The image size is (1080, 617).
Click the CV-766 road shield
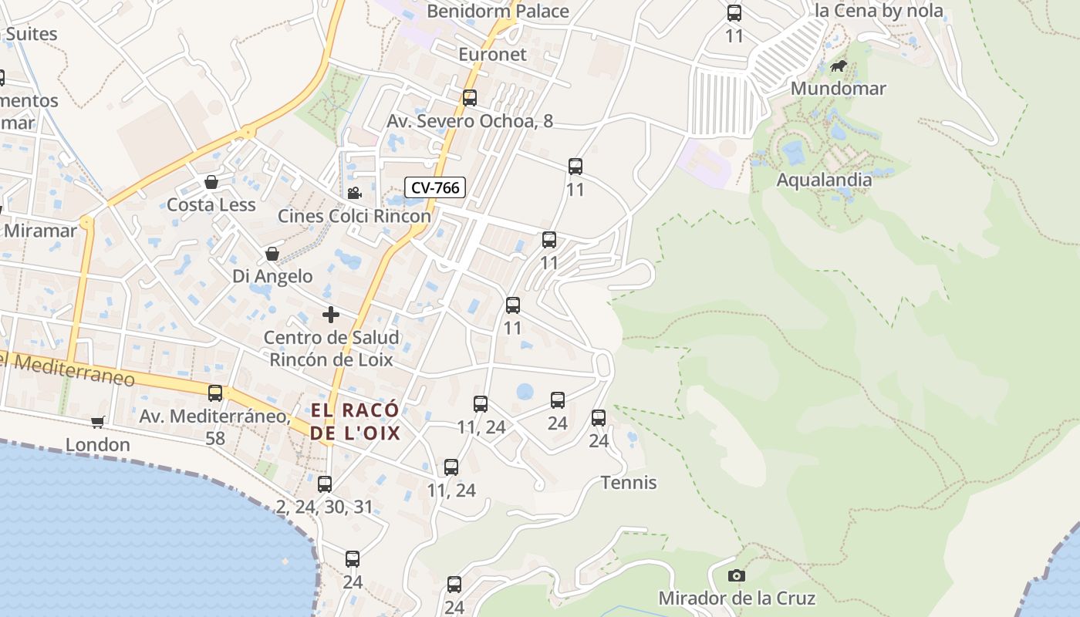[435, 187]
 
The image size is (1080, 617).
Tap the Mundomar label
[838, 88]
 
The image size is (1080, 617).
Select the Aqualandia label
[824, 180]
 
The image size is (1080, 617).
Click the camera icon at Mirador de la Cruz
[737, 575]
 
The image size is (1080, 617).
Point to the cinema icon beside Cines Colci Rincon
[354, 193]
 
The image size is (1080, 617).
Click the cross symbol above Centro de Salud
[331, 314]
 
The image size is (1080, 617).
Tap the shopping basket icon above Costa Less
[211, 182]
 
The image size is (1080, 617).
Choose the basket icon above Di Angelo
[272, 254]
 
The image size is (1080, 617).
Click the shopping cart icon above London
[97, 422]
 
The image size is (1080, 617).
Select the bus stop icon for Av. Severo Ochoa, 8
[470, 98]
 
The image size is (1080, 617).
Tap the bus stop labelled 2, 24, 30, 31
[325, 484]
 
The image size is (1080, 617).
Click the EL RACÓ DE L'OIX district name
[356, 421]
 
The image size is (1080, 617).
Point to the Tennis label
[629, 483]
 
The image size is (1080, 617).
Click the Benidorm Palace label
[498, 11]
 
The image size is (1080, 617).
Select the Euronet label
[492, 54]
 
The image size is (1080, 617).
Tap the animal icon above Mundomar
[839, 66]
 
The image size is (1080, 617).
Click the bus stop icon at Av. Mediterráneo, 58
[215, 393]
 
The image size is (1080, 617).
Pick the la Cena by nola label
[879, 11]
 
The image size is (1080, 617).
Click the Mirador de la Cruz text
[736, 598]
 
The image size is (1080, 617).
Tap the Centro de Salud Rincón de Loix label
[331, 348]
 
